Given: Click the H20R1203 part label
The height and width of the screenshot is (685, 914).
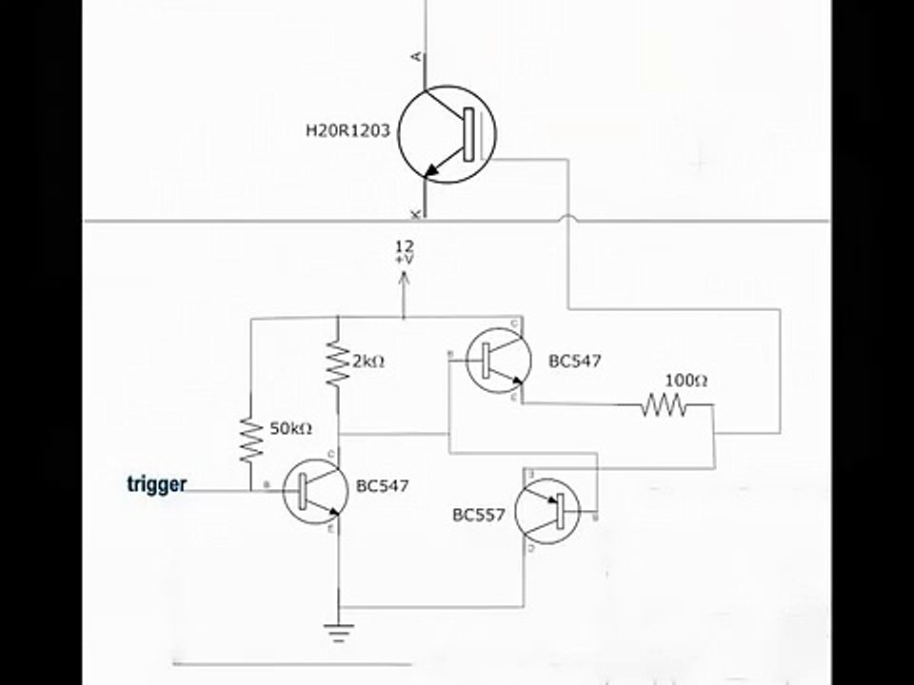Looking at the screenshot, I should [348, 131].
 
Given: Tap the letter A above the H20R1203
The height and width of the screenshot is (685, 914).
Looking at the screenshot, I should [414, 57].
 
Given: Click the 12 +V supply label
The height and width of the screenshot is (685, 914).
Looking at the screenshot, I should [404, 252].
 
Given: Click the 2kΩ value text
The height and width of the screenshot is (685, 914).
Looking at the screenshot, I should [368, 362].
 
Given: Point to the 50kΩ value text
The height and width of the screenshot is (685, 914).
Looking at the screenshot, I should [290, 428].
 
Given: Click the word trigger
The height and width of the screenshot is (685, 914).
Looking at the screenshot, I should [156, 484].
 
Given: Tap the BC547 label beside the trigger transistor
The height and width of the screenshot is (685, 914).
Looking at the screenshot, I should [382, 485].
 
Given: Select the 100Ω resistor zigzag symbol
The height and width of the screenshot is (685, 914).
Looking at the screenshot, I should [664, 406].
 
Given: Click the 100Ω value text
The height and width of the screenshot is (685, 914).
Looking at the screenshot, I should [685, 381].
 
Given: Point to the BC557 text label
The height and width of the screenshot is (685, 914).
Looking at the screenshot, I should [479, 515].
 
